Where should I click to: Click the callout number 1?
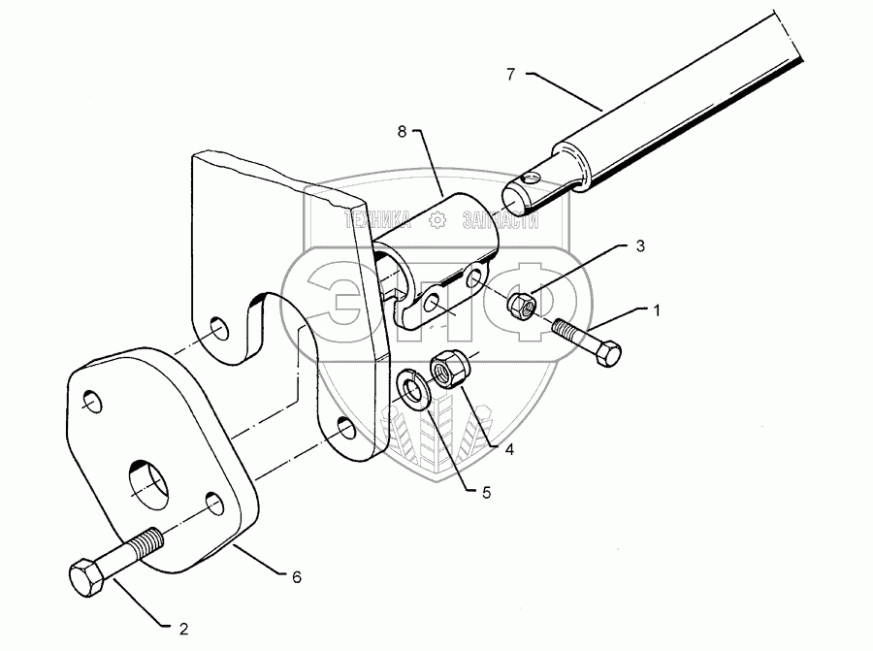657,310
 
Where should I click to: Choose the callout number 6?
297,576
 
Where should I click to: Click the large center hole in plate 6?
150,480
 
